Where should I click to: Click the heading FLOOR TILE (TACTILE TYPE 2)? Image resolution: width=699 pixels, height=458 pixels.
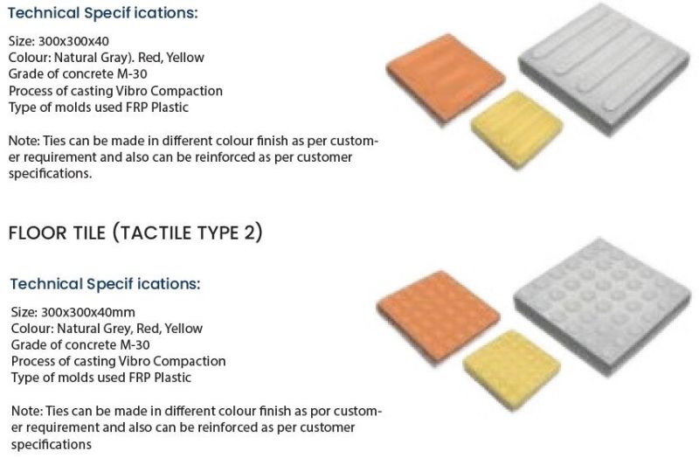(135, 233)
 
